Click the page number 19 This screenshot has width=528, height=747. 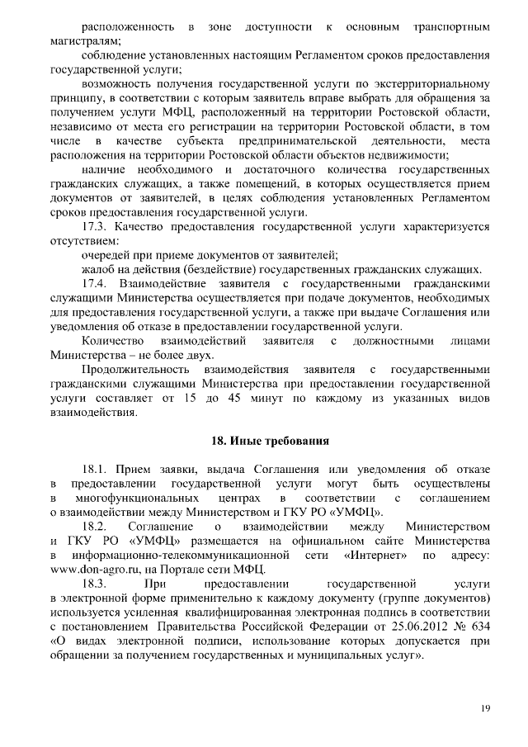[486, 708]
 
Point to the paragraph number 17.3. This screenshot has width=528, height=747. [97, 225]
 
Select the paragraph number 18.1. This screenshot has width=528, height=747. [97, 468]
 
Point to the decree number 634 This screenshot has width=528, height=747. [482, 626]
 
